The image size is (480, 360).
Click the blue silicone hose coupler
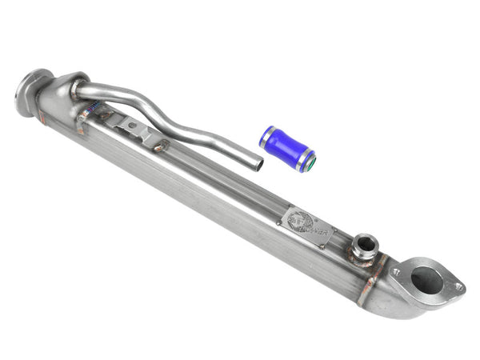pyautogui.click(x=286, y=148)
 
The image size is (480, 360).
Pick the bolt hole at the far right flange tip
pyautogui.click(x=458, y=286)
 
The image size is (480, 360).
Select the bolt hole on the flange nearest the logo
pyautogui.click(x=395, y=273)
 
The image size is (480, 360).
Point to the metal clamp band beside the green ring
pyautogui.click(x=303, y=159)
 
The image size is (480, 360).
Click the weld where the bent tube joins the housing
pyautogui.click(x=78, y=90)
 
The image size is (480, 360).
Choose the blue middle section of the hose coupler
pyautogui.click(x=285, y=147)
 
